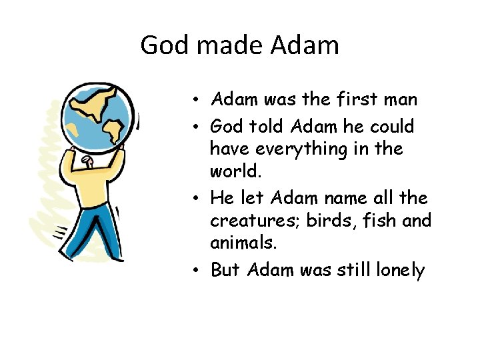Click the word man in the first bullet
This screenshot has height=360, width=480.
[x=407, y=100]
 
